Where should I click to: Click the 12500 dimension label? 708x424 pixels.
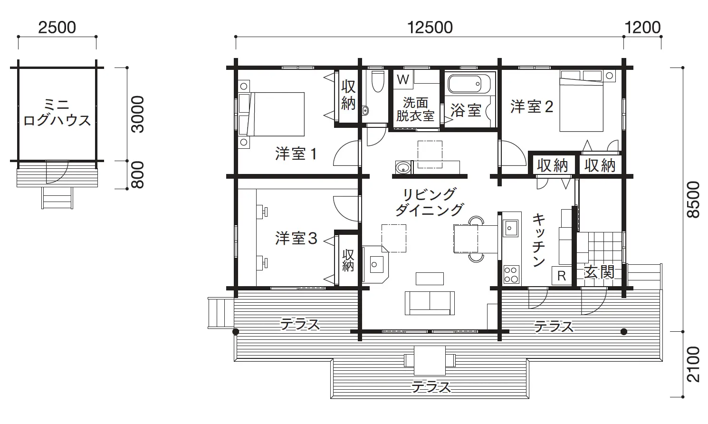point(430,28)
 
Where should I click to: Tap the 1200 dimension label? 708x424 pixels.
point(642,28)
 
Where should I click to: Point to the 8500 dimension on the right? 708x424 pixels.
point(693,199)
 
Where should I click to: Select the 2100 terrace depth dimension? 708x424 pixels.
point(693,364)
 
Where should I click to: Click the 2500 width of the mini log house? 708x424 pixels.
point(57,28)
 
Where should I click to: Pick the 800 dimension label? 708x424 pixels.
point(137,175)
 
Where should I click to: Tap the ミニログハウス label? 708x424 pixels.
point(57,112)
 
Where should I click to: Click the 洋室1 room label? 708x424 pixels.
point(296,154)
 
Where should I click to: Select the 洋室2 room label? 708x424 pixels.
point(532,106)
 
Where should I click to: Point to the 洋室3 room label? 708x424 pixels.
point(296,238)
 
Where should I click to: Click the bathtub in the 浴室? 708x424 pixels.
point(469,84)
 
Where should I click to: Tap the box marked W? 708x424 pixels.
point(403,79)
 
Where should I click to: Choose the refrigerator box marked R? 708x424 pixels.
point(561,276)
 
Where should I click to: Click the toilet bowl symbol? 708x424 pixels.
point(378,81)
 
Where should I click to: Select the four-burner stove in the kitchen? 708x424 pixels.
point(511,274)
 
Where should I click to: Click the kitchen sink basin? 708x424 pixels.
point(511,228)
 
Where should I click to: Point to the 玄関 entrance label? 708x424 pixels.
point(599,272)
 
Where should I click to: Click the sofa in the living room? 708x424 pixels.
point(430,303)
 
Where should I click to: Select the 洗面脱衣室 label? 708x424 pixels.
point(415,109)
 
